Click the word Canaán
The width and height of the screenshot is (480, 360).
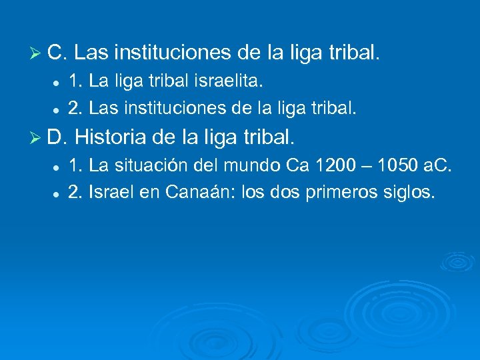197,193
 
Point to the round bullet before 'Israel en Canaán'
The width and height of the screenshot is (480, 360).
58,195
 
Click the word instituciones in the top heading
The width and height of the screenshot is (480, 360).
174,51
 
